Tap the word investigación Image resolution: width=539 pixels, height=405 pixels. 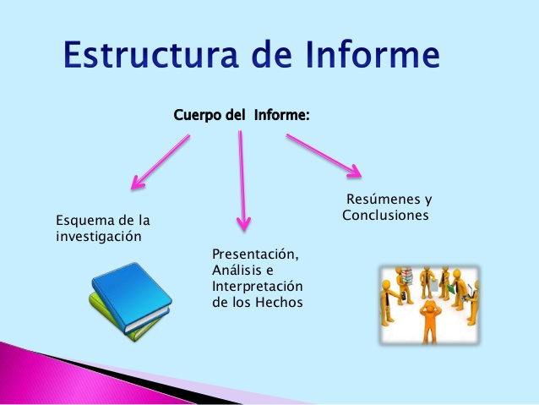tap(98, 237)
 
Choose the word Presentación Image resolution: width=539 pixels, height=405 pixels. tap(256, 254)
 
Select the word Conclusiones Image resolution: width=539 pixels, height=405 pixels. tap(385, 216)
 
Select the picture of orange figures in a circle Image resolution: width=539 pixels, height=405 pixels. tap(429, 305)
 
